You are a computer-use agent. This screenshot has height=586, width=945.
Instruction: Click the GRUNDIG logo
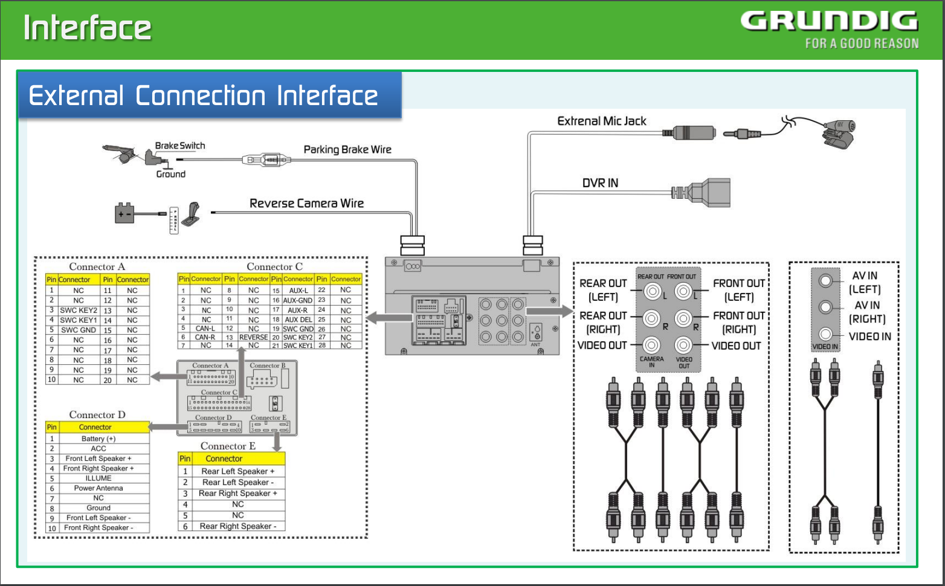coord(829,22)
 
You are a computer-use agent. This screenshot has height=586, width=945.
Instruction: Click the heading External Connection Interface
coord(203,95)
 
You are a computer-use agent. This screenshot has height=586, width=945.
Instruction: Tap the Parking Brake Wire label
coord(347,149)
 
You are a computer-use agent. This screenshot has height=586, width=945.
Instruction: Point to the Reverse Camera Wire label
coord(306,203)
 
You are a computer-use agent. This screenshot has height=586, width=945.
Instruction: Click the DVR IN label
coord(600,183)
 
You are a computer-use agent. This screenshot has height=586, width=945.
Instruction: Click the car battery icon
coord(124,213)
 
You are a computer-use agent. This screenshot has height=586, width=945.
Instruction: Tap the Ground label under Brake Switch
coord(170,174)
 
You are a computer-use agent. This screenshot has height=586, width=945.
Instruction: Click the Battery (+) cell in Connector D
coord(98,439)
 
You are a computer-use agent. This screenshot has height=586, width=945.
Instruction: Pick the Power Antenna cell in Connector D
coord(98,488)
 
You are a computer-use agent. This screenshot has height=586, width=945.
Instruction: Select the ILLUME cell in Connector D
coord(98,478)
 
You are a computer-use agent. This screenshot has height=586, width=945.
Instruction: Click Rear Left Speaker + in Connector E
coord(237,471)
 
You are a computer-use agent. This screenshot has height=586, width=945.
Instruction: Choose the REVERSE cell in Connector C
coord(253,337)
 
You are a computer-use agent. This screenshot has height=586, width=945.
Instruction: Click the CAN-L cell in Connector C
coord(205,329)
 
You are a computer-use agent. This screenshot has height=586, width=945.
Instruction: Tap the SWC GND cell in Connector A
coord(79,330)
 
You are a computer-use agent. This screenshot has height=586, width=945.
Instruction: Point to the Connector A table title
coord(97,266)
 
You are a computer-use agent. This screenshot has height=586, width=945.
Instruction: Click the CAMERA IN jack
coord(651,345)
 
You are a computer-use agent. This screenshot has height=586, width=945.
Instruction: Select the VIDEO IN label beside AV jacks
coord(869,336)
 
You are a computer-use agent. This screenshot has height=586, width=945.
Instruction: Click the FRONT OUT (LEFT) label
coord(738,290)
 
